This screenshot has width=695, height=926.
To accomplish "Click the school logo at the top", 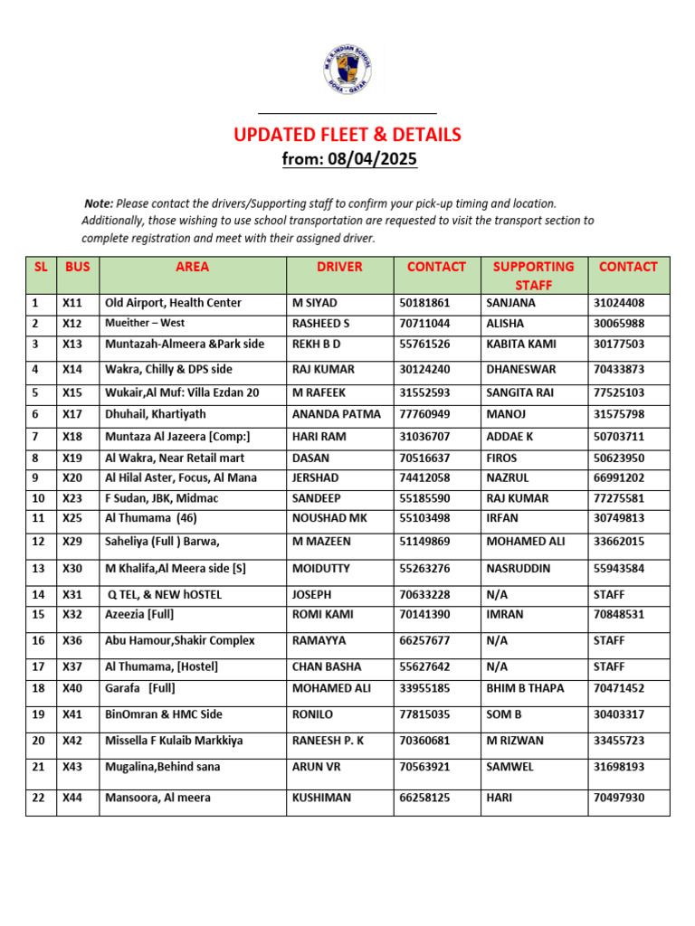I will pos(347,71).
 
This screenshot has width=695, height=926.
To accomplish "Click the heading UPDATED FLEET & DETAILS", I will pos(347,135).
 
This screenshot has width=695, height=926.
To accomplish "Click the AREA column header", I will pos(192,267).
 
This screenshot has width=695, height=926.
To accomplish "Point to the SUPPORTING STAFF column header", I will pos(533,275).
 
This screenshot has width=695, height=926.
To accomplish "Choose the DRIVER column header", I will pos(339,267).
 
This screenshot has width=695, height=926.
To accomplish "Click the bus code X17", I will pos(72,414).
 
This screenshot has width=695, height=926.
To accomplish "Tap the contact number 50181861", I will pos(424,303).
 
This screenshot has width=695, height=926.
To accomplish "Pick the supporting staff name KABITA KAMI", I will pos(521,344).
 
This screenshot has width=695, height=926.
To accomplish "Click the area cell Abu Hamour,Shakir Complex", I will pos(180,640).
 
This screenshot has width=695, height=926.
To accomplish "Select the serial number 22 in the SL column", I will pos(37,798).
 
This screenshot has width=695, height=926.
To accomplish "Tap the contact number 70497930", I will pos(619,798).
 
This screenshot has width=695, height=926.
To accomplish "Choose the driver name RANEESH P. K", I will pos(328,740).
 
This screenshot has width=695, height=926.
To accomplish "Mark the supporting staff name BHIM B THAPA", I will pos(525,688).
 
